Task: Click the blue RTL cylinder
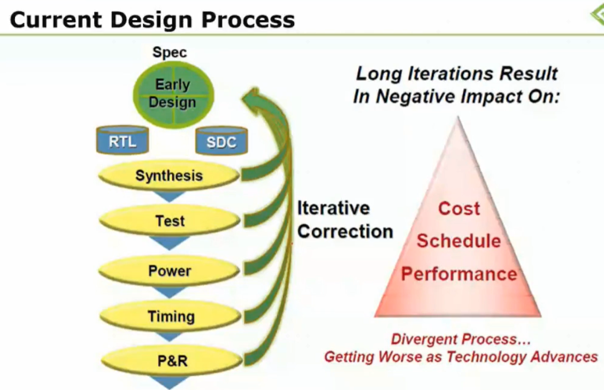coord(123,140)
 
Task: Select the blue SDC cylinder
coord(221,141)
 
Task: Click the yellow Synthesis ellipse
coord(169,175)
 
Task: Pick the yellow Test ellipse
coord(170,221)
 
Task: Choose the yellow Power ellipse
coord(170,271)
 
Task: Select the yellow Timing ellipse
coord(171,316)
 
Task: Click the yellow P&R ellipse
coord(172,361)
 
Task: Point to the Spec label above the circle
coord(170,52)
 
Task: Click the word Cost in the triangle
coord(459,209)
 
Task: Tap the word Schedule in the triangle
coord(459,241)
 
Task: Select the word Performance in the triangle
coord(459,274)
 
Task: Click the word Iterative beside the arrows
coord(333,208)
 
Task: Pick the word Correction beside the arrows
coord(345,232)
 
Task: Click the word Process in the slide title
coord(248,20)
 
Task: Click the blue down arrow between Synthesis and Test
coord(169,197)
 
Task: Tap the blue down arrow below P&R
coord(170,383)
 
